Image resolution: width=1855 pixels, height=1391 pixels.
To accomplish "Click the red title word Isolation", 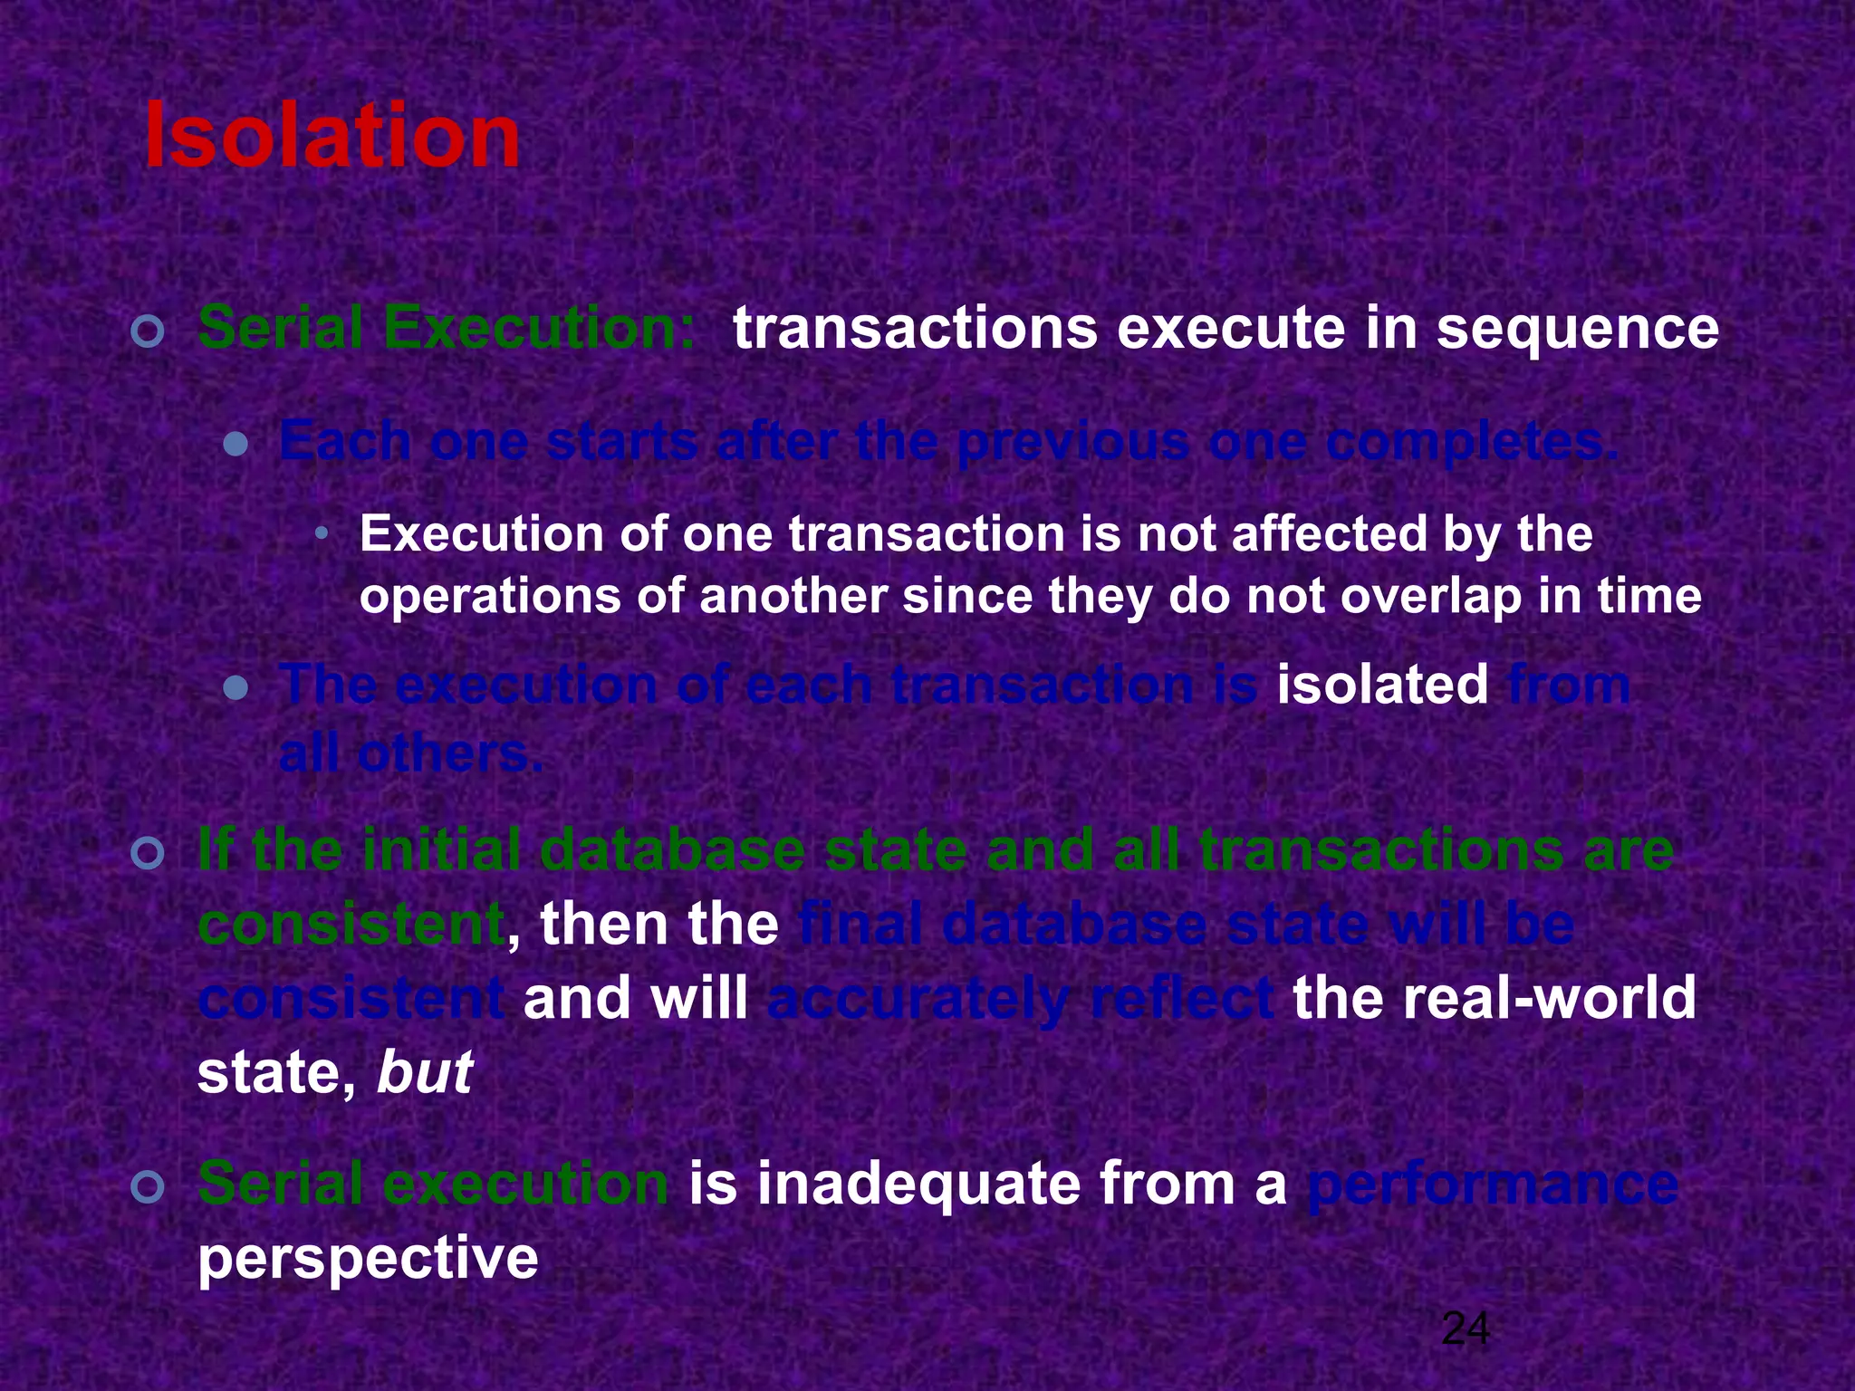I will click(332, 137).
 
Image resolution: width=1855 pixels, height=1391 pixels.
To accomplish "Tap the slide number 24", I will click(1465, 1330).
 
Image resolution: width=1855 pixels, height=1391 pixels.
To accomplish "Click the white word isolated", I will click(1382, 685).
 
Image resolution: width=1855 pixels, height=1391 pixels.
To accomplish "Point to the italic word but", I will click(424, 1073).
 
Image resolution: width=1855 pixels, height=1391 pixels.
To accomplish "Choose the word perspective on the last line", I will click(368, 1259).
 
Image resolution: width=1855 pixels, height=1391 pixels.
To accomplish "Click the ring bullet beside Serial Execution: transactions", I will click(147, 331).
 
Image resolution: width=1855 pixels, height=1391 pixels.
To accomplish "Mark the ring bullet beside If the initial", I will click(147, 854).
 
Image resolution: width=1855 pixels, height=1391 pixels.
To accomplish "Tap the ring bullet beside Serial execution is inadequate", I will click(147, 1187).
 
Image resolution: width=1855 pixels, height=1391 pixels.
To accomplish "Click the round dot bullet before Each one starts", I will click(235, 445).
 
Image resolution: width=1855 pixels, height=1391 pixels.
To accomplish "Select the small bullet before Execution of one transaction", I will click(321, 535).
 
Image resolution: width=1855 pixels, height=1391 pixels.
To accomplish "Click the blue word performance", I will click(1493, 1184).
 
